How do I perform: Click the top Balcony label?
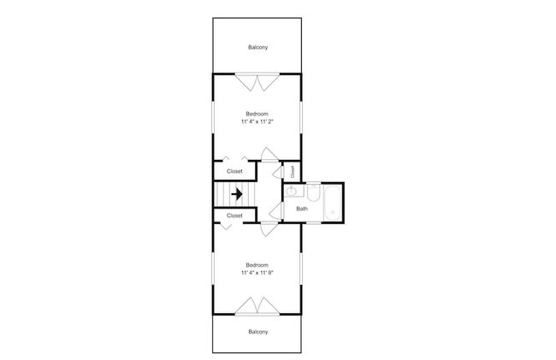pyautogui.click(x=257, y=47)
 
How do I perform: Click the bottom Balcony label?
pyautogui.click(x=257, y=332)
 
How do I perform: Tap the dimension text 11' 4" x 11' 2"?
pyautogui.click(x=257, y=121)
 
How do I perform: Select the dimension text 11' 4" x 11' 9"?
pyautogui.click(x=257, y=273)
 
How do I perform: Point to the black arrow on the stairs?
pyautogui.click(x=237, y=194)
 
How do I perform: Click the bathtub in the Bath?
pyautogui.click(x=333, y=204)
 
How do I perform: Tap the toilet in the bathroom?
pyautogui.click(x=314, y=192)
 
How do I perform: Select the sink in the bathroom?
pyautogui.click(x=292, y=192)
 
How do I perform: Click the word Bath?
pyautogui.click(x=302, y=209)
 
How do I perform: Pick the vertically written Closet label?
pyautogui.click(x=293, y=172)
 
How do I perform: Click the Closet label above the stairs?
pyautogui.click(x=234, y=171)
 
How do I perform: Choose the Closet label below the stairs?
pyautogui.click(x=234, y=215)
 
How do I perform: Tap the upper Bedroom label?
pyautogui.click(x=257, y=114)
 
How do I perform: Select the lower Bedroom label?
pyautogui.click(x=257, y=265)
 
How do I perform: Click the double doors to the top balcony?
pyautogui.click(x=257, y=82)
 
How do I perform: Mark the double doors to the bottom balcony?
pyautogui.click(x=257, y=306)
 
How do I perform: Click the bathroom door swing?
pyautogui.click(x=276, y=212)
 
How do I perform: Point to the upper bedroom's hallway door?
pyautogui.click(x=269, y=155)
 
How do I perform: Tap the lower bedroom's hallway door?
pyautogui.click(x=269, y=228)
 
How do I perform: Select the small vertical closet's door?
pyautogui.click(x=279, y=172)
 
